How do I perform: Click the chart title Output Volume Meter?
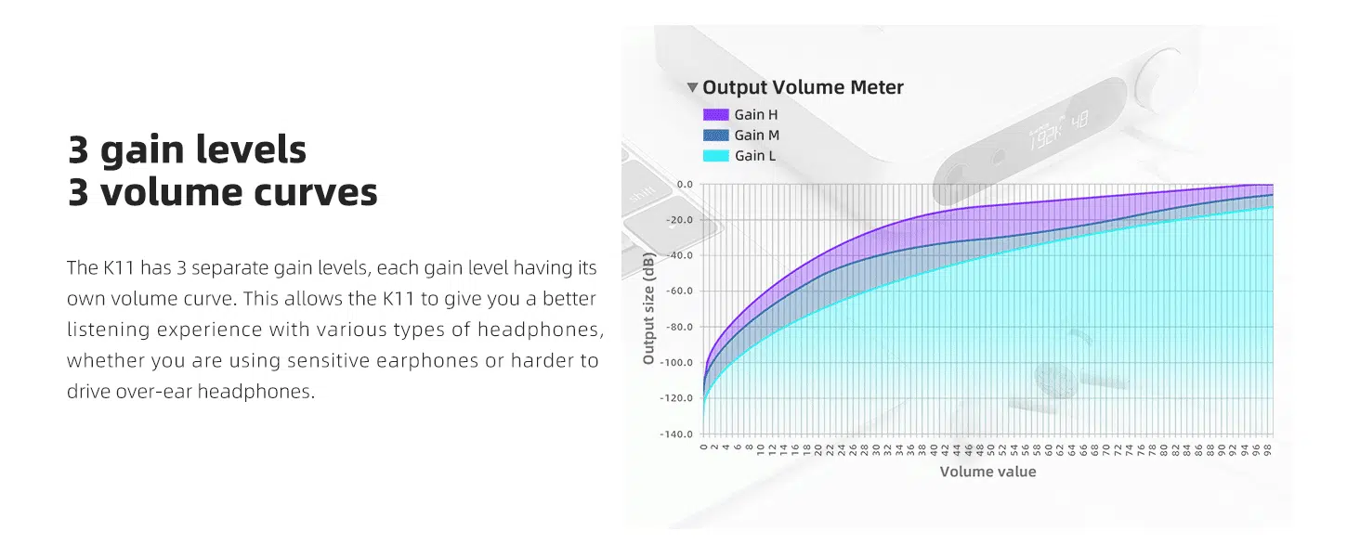click(803, 87)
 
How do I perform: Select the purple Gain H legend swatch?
click(716, 115)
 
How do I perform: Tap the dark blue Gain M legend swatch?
click(716, 136)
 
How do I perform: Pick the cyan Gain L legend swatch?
click(716, 156)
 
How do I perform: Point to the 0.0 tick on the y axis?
click(685, 185)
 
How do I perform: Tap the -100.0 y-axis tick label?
click(676, 362)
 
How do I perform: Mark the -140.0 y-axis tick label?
click(676, 434)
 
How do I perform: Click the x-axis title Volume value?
click(987, 472)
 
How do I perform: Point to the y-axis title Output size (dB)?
click(648, 308)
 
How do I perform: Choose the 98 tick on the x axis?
click(1267, 449)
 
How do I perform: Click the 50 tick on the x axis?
click(990, 449)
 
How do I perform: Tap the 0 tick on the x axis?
click(703, 447)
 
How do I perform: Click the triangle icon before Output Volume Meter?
click(692, 87)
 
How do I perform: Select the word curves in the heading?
click(316, 192)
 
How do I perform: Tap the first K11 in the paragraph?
click(118, 267)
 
